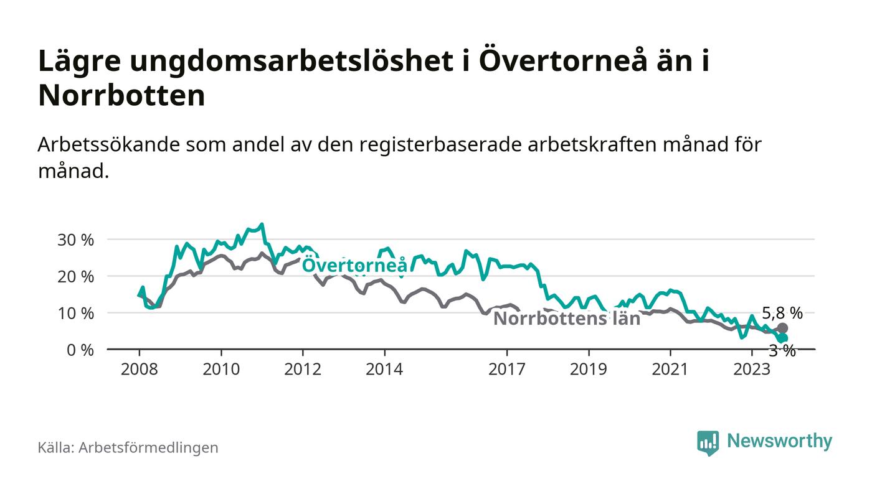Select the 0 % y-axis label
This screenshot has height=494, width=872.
(81, 350)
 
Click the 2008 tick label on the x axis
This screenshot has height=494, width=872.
(140, 369)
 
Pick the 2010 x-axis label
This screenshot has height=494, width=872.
(221, 369)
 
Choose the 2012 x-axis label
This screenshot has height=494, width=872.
(303, 369)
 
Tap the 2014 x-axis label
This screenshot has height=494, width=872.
(385, 369)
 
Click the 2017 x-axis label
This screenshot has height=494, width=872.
(507, 369)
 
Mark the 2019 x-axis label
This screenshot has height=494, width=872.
(589, 369)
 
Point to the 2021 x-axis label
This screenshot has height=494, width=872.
(670, 369)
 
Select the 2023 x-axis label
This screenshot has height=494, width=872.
(752, 369)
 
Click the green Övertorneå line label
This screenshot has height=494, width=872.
(355, 266)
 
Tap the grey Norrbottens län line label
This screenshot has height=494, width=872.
(567, 319)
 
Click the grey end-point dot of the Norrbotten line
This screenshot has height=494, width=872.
(783, 328)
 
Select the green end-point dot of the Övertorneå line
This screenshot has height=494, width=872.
(783, 338)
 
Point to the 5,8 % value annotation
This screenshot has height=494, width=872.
(782, 314)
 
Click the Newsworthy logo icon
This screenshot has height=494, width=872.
(708, 442)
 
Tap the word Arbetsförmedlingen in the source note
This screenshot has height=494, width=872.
(148, 447)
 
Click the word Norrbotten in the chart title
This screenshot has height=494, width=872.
(121, 96)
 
